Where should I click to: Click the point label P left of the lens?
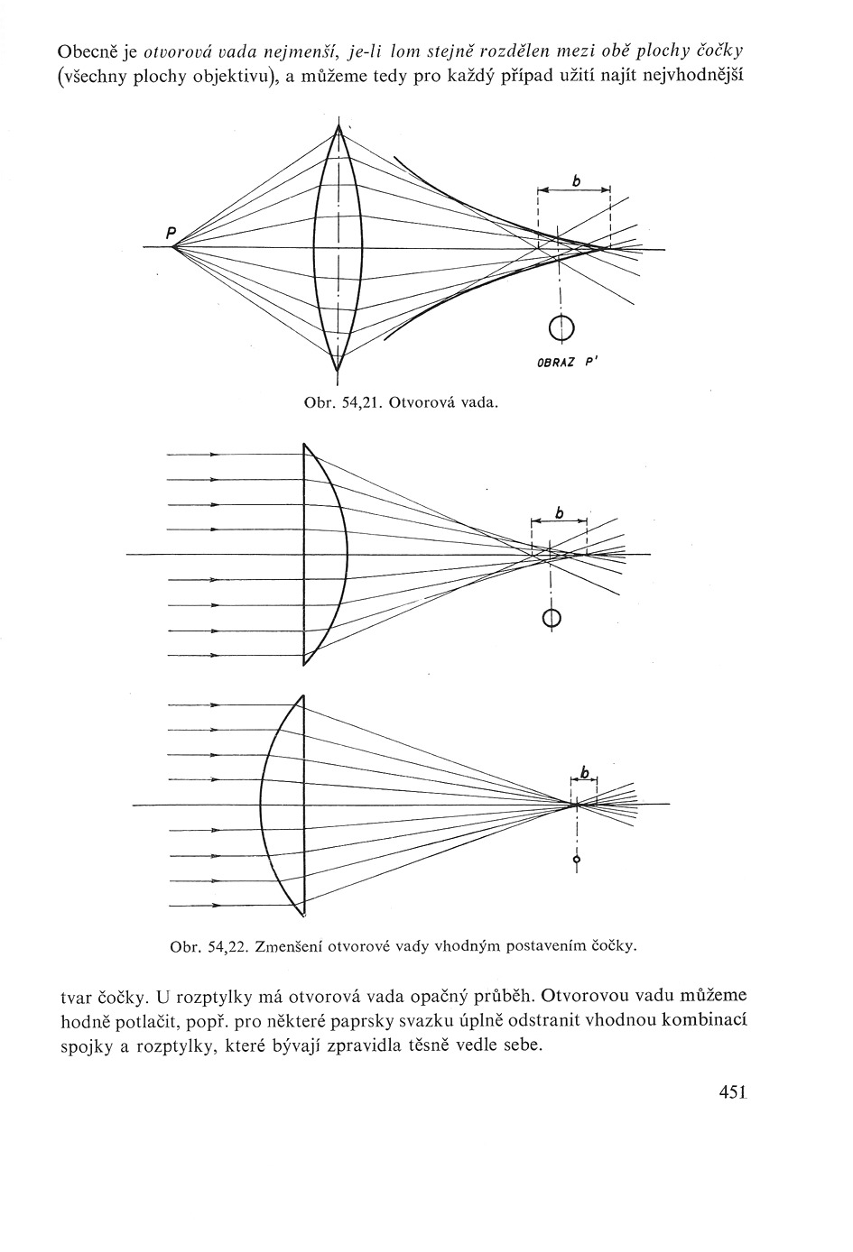click(170, 232)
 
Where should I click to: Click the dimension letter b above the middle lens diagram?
click(559, 512)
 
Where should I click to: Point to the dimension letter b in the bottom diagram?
click(585, 772)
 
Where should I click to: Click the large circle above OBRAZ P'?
click(561, 326)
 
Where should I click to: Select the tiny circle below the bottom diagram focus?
click(577, 861)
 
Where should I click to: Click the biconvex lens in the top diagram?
click(338, 248)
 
